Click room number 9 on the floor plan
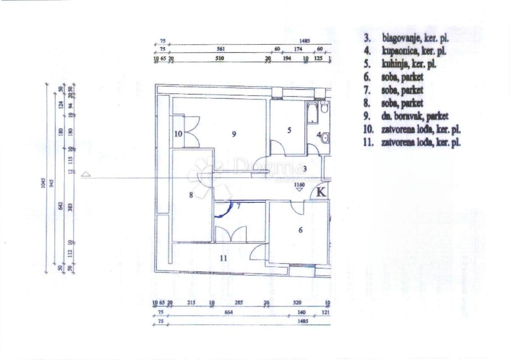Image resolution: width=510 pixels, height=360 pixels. coord(234,134)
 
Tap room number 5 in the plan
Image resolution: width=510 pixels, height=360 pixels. coord(289,130)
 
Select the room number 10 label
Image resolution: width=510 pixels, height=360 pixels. coord(178,134)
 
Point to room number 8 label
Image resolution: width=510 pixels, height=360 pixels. coord(191,195)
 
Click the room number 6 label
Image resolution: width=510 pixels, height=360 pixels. coord(300,230)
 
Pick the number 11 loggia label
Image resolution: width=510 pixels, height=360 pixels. coord(224,258)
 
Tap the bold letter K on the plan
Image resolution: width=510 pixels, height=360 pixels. coord(321,192)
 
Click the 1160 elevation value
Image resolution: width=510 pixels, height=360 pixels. coord(300,185)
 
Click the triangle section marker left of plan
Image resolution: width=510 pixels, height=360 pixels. coord(86,174)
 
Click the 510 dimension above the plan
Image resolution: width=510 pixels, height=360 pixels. coord(219,58)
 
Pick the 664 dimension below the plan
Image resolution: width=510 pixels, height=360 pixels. coord(230,312)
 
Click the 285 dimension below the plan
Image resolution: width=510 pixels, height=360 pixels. coord(239,303)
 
